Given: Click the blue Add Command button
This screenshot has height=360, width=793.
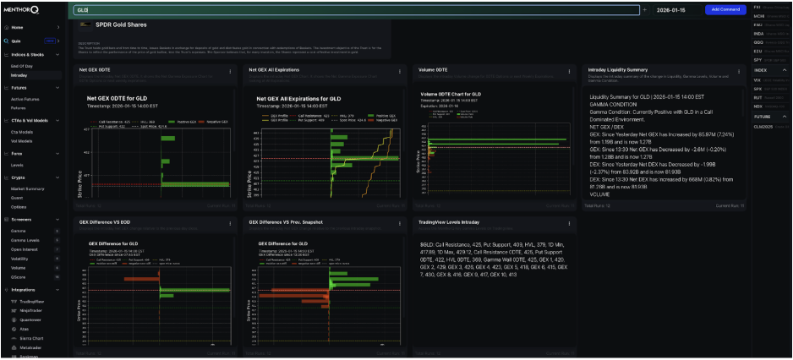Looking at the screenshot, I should (725, 9).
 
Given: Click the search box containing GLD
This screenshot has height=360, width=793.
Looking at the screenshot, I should (355, 9).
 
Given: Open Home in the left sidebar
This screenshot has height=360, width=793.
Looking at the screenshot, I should (17, 27).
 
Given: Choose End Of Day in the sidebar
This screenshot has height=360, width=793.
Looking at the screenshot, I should (21, 65).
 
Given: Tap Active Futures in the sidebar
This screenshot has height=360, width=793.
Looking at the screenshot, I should (25, 99).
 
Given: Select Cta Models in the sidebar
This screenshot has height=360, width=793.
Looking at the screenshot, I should (23, 131).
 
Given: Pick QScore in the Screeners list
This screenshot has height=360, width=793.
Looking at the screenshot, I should (18, 276).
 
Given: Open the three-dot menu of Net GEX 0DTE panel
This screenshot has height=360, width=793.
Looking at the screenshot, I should (231, 70).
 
